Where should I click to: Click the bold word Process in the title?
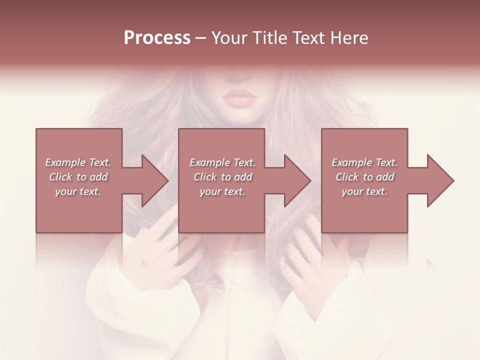click(157, 38)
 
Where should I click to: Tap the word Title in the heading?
click(270, 38)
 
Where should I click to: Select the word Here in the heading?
click(349, 38)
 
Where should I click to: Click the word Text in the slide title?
click(310, 38)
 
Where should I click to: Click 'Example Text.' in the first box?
click(78, 162)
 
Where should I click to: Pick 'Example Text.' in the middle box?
click(222, 162)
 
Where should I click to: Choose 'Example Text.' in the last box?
click(364, 162)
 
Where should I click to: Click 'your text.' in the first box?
click(78, 191)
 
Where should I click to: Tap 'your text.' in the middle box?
click(222, 191)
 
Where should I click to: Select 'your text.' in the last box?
click(364, 191)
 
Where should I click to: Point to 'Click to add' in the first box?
click(78, 177)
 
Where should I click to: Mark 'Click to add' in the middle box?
click(222, 177)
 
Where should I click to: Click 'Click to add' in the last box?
click(364, 177)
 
